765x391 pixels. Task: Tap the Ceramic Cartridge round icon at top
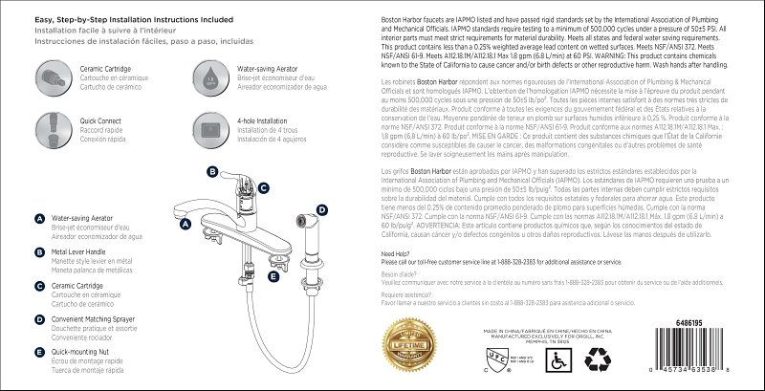(x=49, y=73)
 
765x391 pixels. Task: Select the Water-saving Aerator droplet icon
(x=208, y=73)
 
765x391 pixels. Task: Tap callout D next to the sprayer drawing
(x=322, y=209)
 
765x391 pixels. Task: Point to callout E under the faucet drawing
(x=273, y=276)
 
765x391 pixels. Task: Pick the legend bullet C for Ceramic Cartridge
(x=39, y=284)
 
